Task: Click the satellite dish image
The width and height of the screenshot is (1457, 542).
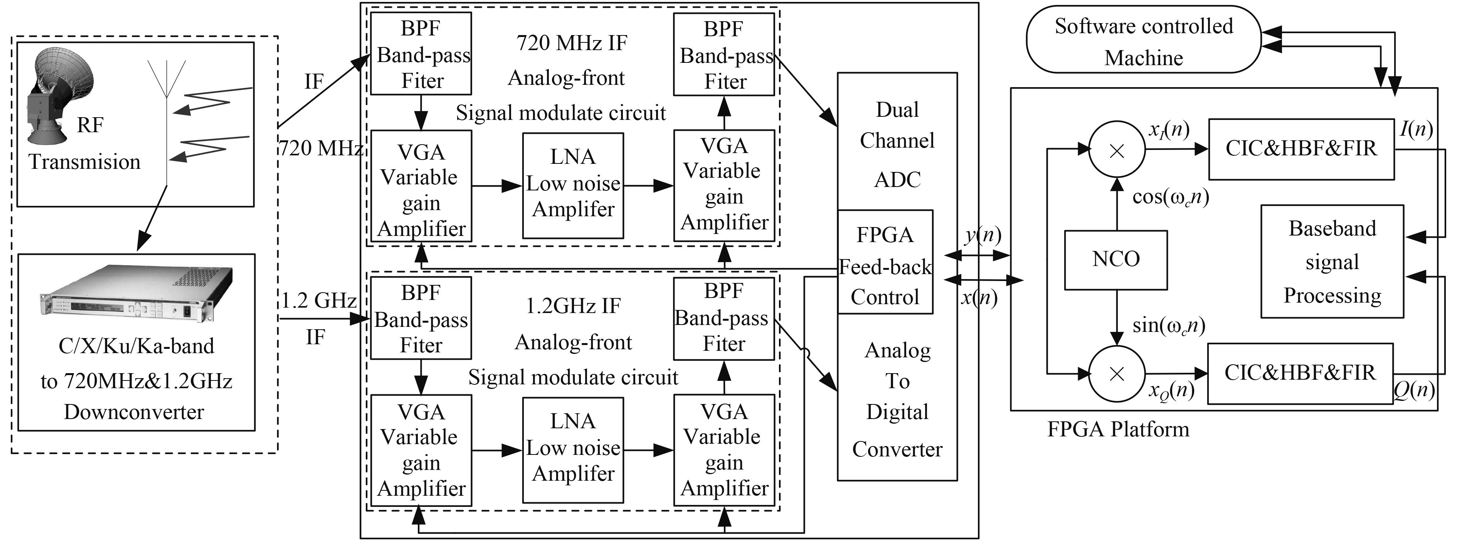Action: (x=59, y=96)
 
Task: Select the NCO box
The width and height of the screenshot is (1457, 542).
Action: (x=1115, y=260)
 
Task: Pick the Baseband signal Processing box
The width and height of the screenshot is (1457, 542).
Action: (x=1332, y=261)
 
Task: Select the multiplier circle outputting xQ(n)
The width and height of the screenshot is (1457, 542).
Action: (x=1117, y=374)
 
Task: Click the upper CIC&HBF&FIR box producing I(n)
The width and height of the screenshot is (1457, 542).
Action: (x=1301, y=149)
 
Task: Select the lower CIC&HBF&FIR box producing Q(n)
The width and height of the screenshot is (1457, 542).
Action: (x=1300, y=373)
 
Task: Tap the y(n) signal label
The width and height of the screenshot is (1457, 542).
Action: (x=983, y=234)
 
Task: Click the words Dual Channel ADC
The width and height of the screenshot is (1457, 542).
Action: (x=897, y=144)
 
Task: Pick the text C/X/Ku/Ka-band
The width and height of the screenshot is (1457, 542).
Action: (x=136, y=346)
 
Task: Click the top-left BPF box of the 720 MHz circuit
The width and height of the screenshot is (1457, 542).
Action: (x=421, y=54)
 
